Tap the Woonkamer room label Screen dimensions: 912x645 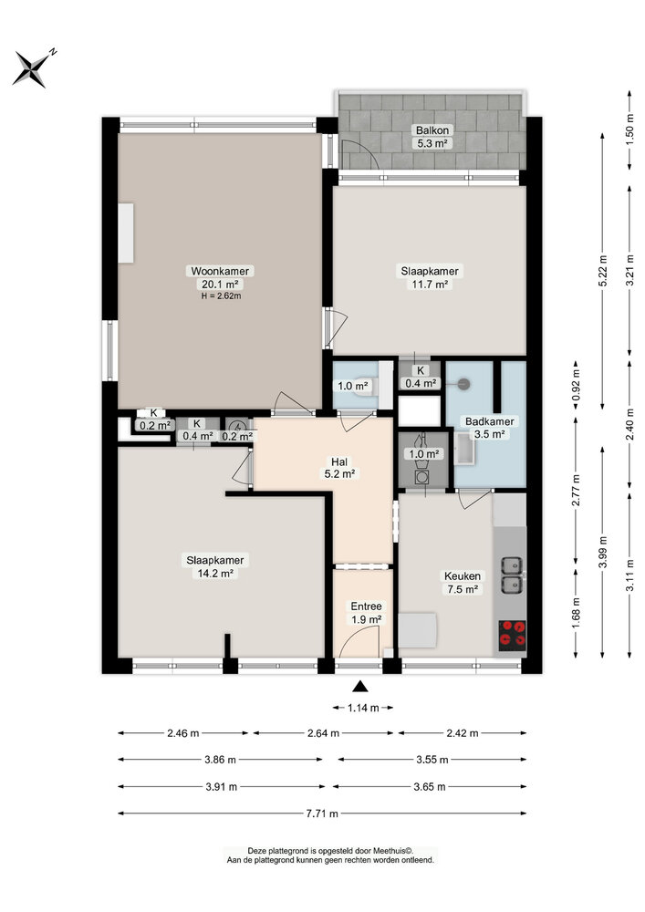220,271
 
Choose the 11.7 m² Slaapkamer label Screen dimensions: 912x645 430,277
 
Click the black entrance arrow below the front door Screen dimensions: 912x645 362,688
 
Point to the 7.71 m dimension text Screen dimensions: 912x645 322,814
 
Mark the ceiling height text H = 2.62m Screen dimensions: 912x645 220,295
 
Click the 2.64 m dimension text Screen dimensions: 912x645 323,733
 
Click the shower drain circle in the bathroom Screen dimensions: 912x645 463,385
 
